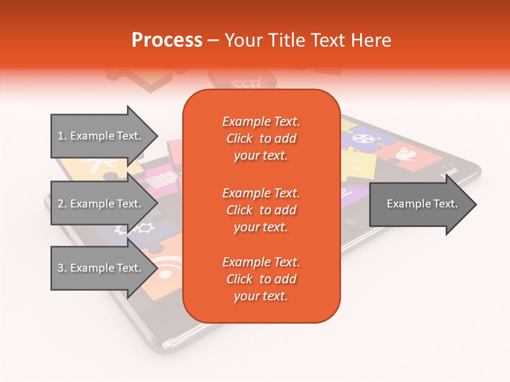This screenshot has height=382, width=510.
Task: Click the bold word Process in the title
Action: pos(167,40)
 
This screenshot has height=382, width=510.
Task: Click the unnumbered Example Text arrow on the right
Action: pos(420,204)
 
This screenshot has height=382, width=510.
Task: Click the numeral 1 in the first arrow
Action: pos(60,136)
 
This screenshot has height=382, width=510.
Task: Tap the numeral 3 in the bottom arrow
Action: pos(60,268)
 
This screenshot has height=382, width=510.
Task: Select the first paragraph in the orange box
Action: pos(261,138)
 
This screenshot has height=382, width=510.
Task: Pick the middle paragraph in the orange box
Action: pos(261,210)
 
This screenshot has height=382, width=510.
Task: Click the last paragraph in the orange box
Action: pos(261,279)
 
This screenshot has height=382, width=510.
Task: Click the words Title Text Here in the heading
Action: pos(308,40)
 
